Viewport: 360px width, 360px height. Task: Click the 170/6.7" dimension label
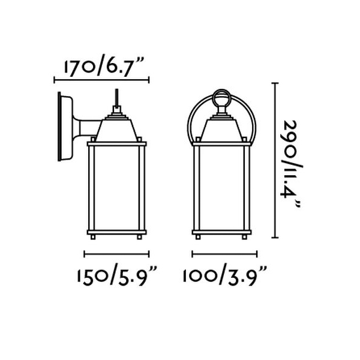click(104, 65)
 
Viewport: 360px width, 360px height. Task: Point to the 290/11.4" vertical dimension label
click(290, 164)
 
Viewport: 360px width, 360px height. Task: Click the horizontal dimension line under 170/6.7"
click(101, 80)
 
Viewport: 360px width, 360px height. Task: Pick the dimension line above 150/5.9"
click(116, 254)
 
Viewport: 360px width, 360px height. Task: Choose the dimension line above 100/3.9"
click(224, 254)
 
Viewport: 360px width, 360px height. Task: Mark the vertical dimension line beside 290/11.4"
click(275, 160)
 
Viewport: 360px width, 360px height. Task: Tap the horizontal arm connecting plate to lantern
click(86, 128)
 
